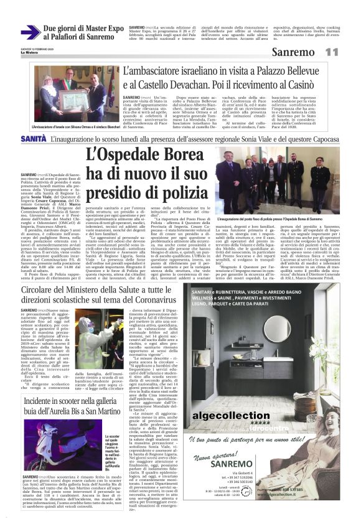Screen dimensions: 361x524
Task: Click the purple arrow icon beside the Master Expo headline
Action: click(x=30, y=32)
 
